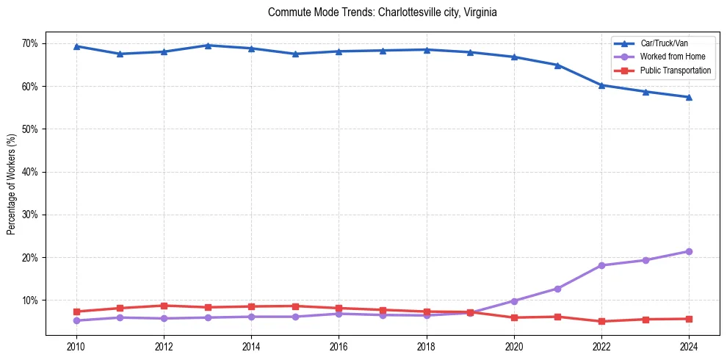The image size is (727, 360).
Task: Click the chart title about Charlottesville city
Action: pyautogui.click(x=383, y=12)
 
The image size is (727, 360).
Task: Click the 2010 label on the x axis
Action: pyautogui.click(x=76, y=347)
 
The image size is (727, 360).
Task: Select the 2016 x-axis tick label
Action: pyautogui.click(x=339, y=347)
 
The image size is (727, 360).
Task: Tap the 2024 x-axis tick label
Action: pyautogui.click(x=689, y=347)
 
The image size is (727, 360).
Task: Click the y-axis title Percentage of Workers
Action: pyautogui.click(x=12, y=184)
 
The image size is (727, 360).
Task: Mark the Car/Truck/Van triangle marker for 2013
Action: pyautogui.click(x=208, y=46)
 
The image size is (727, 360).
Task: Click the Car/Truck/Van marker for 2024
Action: pyautogui.click(x=689, y=97)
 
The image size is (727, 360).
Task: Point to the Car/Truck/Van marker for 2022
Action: pyautogui.click(x=601, y=85)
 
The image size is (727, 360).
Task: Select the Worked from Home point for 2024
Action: pyautogui.click(x=689, y=251)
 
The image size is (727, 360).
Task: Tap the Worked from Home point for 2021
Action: pyautogui.click(x=557, y=289)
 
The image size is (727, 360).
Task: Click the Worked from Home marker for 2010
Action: pyautogui.click(x=76, y=320)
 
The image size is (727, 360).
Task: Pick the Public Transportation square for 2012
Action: pyautogui.click(x=164, y=306)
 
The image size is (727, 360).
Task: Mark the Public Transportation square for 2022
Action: pyautogui.click(x=601, y=321)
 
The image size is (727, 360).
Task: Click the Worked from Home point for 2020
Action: pyautogui.click(x=514, y=301)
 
